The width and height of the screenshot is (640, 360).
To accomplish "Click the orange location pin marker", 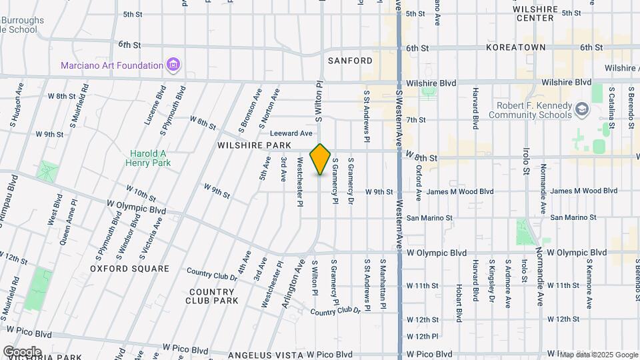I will coord(321,159).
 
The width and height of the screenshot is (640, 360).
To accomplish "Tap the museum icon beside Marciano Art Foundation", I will coord(173,65).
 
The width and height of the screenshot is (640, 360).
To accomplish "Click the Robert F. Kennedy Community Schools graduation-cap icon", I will coord(582,109).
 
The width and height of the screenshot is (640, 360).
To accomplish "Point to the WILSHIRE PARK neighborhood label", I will coord(253,145).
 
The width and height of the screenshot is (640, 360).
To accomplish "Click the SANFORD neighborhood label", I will coord(350,61).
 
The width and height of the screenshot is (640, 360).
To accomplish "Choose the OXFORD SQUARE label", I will coord(129,269).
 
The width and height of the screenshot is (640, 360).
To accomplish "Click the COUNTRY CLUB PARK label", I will coord(213,296).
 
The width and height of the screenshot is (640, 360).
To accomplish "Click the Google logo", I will coord(21,352).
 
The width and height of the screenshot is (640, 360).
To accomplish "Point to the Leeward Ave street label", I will coord(291,133).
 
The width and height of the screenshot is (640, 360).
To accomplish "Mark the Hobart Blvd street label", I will coord(459,299).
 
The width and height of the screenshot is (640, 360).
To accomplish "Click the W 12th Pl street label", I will coord(423,337).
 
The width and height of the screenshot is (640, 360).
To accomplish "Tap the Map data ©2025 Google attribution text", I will coord(598,355).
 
